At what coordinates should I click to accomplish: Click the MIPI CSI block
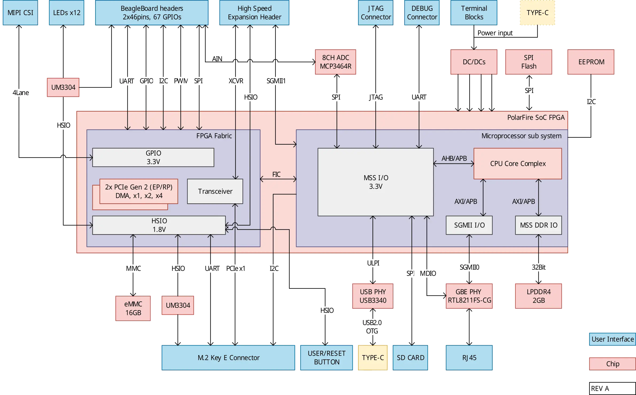click(x=20, y=13)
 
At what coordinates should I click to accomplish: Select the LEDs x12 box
click(x=67, y=13)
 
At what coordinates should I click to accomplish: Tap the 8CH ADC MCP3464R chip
click(x=336, y=62)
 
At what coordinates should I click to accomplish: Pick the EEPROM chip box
click(x=591, y=62)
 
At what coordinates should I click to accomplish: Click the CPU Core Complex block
click(x=518, y=164)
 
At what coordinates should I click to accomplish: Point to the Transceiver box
click(x=215, y=191)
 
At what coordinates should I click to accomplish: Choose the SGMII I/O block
click(x=469, y=225)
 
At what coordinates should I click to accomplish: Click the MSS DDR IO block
click(x=538, y=225)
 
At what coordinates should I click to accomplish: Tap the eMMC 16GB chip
click(x=133, y=308)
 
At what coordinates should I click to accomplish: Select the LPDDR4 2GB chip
click(x=538, y=296)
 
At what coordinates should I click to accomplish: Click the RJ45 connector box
click(x=469, y=358)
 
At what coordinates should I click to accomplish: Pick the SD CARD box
click(x=410, y=358)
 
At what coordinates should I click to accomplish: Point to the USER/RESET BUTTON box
click(x=327, y=358)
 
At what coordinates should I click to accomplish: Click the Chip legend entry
click(x=612, y=364)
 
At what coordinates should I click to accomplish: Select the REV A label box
click(x=612, y=388)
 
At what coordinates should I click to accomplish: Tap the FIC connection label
click(x=276, y=174)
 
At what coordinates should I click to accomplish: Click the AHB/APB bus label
click(x=454, y=158)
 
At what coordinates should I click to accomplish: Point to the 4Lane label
click(x=21, y=93)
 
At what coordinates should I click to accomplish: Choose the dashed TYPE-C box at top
click(x=537, y=13)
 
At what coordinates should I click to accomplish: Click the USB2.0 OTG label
click(x=372, y=327)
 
